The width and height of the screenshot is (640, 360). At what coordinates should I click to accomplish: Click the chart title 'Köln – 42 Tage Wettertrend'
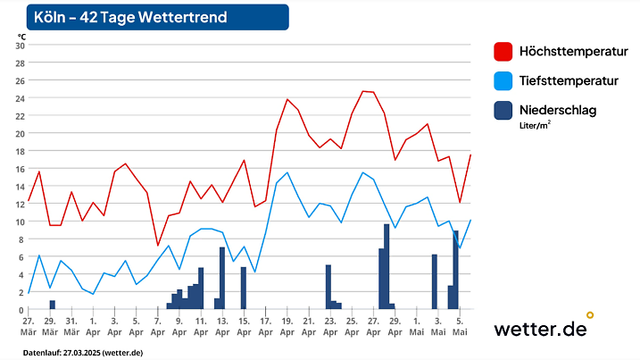point(129,17)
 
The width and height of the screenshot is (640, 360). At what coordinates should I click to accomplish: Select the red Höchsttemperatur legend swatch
point(503,51)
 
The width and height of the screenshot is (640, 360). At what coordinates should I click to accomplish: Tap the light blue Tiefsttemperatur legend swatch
point(503,81)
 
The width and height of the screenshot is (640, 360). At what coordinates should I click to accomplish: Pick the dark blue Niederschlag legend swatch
point(503,111)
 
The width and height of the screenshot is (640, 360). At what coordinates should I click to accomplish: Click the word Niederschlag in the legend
point(558,110)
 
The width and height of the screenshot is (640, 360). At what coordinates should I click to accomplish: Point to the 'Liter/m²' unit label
point(535,126)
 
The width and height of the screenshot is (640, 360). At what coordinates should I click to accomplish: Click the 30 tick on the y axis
point(21,46)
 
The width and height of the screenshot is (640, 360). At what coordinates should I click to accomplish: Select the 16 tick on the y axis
point(21,169)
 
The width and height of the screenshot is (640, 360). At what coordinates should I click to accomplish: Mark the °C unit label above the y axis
point(21,36)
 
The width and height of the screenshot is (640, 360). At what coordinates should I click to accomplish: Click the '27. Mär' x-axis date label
point(29,325)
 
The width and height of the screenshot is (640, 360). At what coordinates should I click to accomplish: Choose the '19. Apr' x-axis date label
point(287,325)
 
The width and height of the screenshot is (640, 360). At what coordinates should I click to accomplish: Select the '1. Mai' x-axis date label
point(416,325)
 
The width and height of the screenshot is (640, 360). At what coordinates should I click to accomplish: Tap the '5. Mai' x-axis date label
point(459,325)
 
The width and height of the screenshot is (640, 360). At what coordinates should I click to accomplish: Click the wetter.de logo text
point(540,329)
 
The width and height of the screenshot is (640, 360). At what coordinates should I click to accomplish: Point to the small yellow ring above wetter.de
point(589,314)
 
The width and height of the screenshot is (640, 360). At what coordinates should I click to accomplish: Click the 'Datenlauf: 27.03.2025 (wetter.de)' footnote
point(82,352)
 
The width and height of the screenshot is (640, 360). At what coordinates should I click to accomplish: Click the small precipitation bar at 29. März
point(52,305)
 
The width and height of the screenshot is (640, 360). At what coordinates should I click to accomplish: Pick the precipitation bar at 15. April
point(243,288)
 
